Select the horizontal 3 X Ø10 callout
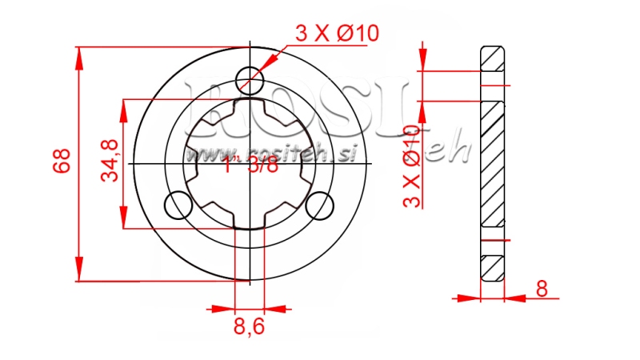[x=337, y=34]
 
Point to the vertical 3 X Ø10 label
[x=411, y=166]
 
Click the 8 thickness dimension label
[x=542, y=290]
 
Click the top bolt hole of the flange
[x=250, y=79]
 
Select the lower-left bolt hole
[x=178, y=206]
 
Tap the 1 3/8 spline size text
[x=251, y=166]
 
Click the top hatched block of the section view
[x=492, y=58]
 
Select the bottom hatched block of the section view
[x=492, y=267]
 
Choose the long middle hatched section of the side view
[x=492, y=164]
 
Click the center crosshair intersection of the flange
[x=250, y=163]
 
